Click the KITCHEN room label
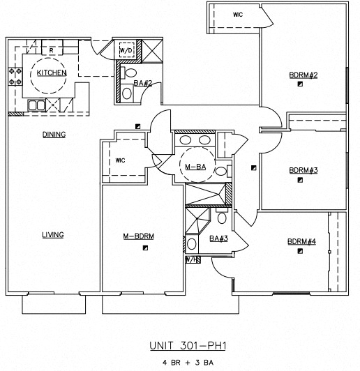(52, 73)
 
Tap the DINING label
(54, 134)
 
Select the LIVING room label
(52, 235)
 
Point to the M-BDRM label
(138, 236)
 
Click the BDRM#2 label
(303, 75)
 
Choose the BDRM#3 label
(303, 170)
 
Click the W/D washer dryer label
(126, 51)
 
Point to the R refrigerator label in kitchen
(52, 50)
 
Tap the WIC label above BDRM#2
(237, 13)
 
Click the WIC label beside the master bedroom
(120, 160)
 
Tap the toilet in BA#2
(129, 73)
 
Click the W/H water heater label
(190, 259)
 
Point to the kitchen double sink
(36, 105)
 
